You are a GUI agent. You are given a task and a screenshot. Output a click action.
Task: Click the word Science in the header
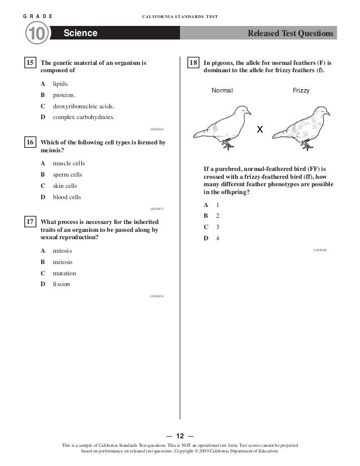point(81,34)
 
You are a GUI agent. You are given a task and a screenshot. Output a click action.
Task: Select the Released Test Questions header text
point(291,34)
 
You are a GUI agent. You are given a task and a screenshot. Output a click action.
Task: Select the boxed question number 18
point(193,64)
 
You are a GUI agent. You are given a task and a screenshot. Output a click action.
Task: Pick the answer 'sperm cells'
point(67,175)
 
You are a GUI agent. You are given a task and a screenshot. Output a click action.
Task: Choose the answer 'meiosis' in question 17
point(63,262)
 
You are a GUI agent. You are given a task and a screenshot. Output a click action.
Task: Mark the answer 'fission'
point(62,284)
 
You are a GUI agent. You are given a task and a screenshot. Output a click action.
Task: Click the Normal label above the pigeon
point(222,90)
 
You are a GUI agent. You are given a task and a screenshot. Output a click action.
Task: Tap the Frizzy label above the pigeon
point(301,90)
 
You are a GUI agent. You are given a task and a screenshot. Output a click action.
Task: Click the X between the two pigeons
point(260,130)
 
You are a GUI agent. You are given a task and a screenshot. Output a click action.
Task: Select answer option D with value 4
point(217,238)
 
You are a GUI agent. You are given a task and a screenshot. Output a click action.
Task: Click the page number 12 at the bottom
point(180,436)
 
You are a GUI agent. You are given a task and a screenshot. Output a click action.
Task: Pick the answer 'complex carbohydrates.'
point(83,117)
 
